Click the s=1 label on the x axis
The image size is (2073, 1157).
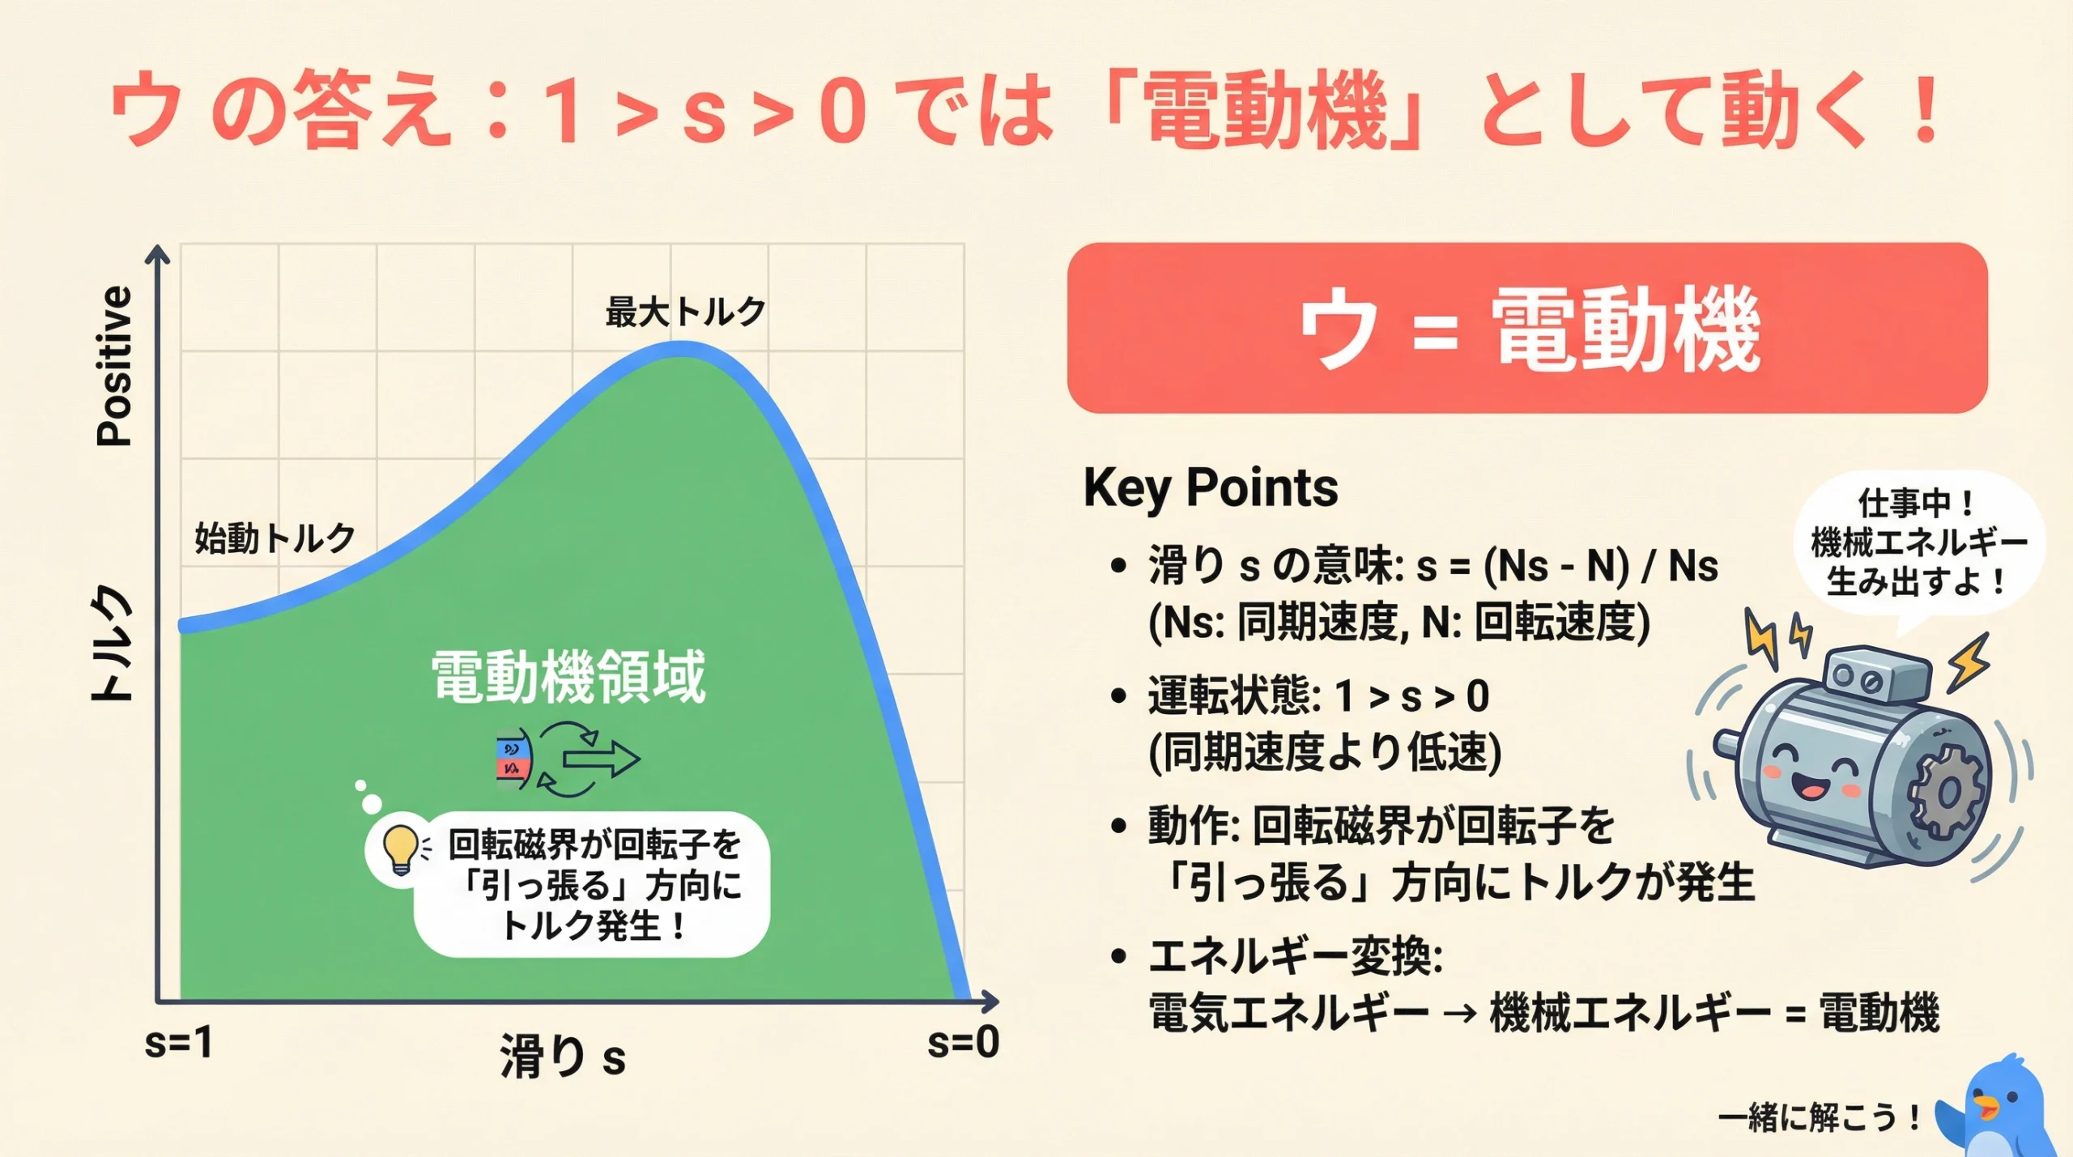point(178,1042)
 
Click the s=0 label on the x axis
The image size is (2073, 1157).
point(963,1042)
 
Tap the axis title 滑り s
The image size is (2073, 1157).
point(563,1057)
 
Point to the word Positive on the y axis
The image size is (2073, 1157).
point(114,366)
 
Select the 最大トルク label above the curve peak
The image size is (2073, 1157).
point(685,312)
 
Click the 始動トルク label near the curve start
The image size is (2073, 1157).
point(275,538)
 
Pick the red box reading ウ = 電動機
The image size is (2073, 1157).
point(1527,328)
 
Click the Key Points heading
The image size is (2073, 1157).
point(1211,487)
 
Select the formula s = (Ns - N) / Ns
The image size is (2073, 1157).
point(1567,566)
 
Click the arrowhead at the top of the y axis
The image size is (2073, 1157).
point(158,253)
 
